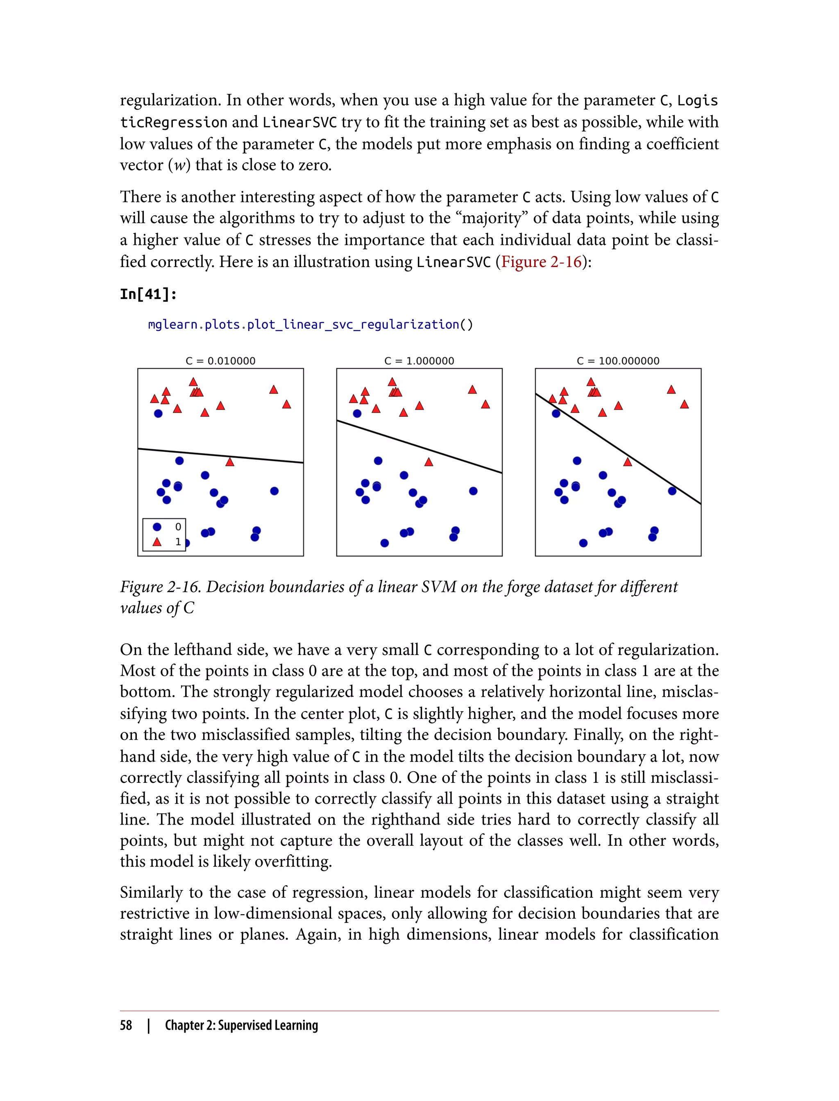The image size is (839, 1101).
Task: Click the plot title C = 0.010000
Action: (x=220, y=360)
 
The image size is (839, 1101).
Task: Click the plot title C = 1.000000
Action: (x=419, y=360)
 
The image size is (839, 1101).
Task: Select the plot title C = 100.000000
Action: (x=618, y=360)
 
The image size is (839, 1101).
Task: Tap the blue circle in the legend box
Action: (x=157, y=527)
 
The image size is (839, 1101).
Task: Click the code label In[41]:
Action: (x=148, y=294)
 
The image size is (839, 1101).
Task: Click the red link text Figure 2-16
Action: (x=541, y=262)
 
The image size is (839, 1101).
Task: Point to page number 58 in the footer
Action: (x=126, y=1025)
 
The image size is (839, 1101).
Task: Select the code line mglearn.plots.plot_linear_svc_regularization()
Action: (x=310, y=324)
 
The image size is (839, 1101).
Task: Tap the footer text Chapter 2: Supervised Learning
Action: (x=241, y=1025)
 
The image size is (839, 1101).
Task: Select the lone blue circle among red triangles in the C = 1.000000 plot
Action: (x=357, y=413)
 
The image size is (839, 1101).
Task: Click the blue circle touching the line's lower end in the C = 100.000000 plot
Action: (x=672, y=491)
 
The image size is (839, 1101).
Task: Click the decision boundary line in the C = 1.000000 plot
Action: (x=419, y=446)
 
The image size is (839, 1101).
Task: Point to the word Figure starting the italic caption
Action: (x=141, y=587)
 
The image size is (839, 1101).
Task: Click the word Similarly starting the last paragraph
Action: (x=151, y=892)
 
